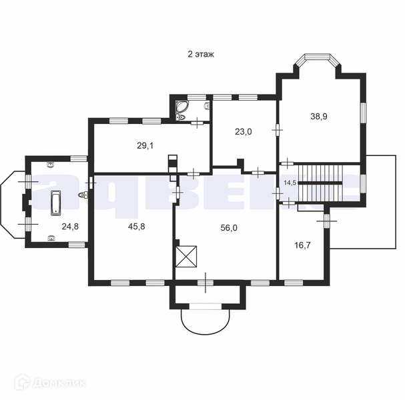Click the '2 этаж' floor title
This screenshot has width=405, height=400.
tap(201, 55)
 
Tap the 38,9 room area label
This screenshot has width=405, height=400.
tap(319, 117)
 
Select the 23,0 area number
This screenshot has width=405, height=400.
tap(244, 132)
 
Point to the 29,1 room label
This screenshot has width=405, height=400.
tap(145, 146)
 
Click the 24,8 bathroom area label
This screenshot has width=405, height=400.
tap(70, 227)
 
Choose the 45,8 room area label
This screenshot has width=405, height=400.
tap(136, 227)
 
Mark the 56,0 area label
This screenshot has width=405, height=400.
tap(229, 228)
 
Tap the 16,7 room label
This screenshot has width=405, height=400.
tap(302, 245)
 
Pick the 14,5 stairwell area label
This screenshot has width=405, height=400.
tap(290, 183)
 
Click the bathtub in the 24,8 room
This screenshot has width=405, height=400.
tap(56, 203)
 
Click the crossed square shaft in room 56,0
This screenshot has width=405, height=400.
tap(186, 257)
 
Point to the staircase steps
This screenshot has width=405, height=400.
tap(320, 183)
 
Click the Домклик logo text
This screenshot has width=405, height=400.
tap(59, 383)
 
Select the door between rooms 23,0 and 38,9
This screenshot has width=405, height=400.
tap(278, 130)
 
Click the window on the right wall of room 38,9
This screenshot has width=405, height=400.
tap(364, 113)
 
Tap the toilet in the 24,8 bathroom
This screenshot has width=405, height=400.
tap(83, 195)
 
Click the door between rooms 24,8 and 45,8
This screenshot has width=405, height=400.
tap(90, 183)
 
